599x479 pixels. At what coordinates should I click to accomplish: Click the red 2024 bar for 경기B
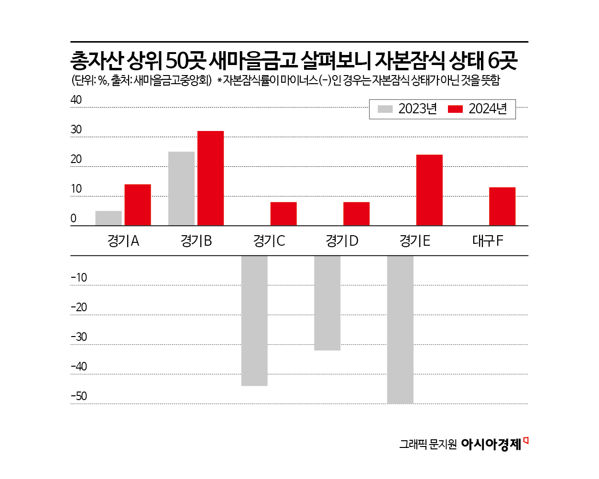coord(210,178)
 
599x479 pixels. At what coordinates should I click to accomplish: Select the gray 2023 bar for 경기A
coord(109,218)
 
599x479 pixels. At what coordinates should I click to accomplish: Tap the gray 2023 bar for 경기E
coord(400,329)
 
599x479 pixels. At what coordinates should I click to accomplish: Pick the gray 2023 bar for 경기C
coord(254,320)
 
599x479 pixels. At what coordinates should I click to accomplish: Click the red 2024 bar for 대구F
coord(502,206)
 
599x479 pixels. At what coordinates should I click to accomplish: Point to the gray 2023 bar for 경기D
coord(327,303)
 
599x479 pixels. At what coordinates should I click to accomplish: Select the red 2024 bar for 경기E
coord(429,190)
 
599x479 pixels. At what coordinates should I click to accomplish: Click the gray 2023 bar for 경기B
coord(181,188)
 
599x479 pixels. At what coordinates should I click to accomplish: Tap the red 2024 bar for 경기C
coord(283,214)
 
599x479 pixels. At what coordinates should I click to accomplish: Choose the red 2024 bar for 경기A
coord(138,205)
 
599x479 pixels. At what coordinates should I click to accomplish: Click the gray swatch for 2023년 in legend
coord(385,109)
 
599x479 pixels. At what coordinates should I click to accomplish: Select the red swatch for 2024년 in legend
coord(455,109)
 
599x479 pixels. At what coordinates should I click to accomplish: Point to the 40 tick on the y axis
coord(76,100)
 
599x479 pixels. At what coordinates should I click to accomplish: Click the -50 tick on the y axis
coord(79,396)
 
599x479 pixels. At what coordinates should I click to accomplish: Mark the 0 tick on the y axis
coord(73,218)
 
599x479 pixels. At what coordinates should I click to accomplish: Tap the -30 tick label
coord(79,337)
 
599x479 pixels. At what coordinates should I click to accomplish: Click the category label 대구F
coord(488,241)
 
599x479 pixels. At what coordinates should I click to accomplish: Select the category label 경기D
coord(342,241)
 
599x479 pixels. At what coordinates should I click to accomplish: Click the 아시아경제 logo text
coord(491,444)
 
